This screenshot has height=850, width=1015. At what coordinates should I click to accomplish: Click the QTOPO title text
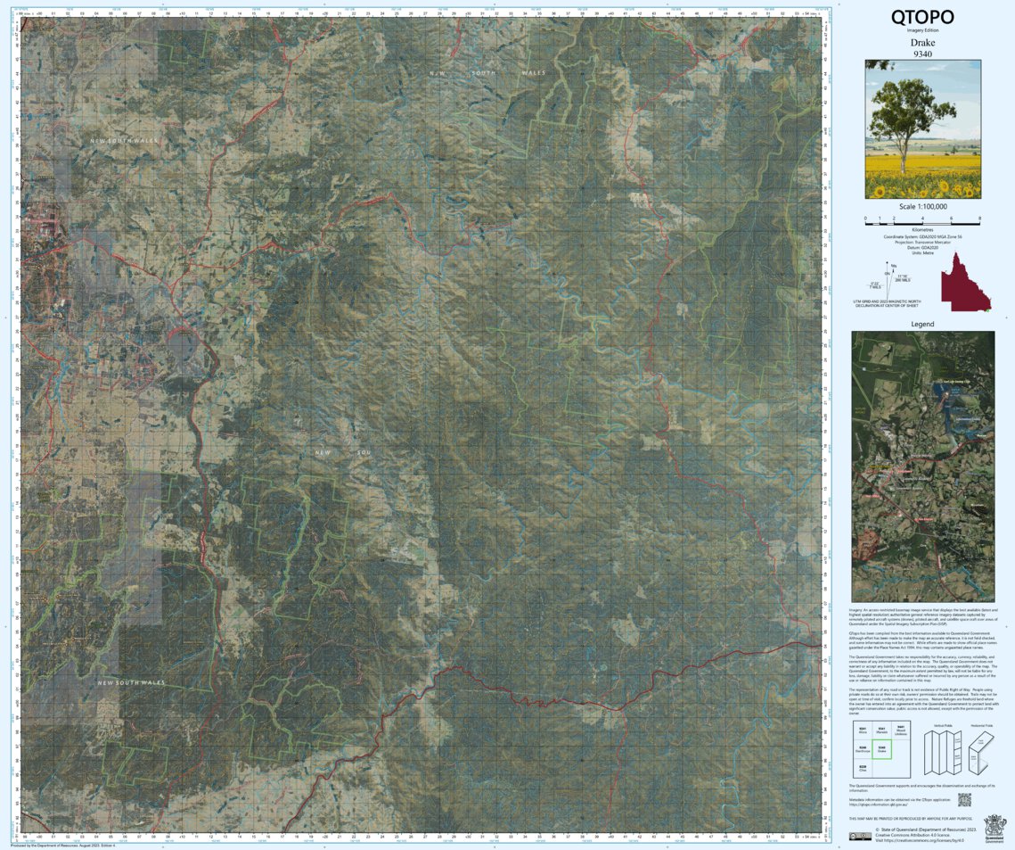[922, 17]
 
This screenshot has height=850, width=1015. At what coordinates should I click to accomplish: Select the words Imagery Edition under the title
[922, 31]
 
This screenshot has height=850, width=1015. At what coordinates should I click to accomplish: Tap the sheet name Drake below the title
[922, 43]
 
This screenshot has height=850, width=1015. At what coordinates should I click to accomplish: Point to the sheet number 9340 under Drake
[922, 54]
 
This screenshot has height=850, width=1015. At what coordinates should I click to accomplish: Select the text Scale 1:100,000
[922, 206]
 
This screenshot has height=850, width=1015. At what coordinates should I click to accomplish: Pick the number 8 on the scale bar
[979, 218]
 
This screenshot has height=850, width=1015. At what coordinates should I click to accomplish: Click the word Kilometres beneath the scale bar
[922, 229]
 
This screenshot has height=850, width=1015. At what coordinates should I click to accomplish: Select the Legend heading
[922, 324]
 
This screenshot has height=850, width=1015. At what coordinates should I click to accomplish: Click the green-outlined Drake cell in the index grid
[881, 749]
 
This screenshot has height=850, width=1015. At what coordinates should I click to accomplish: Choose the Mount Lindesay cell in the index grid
[900, 730]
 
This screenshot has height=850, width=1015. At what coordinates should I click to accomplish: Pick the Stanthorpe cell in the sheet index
[863, 749]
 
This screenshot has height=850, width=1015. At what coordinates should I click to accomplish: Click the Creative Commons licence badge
[860, 836]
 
